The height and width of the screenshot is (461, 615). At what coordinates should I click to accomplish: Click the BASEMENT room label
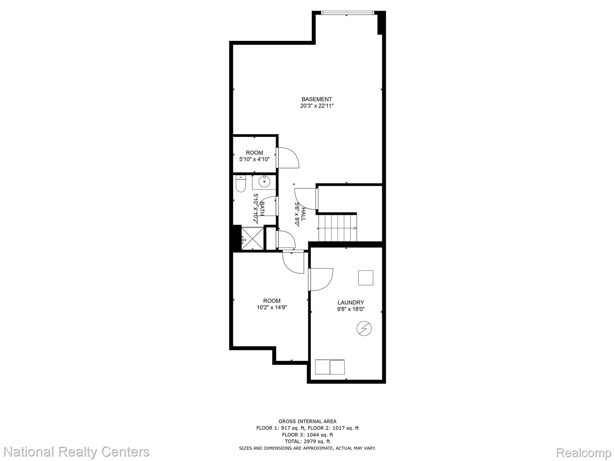(317, 99)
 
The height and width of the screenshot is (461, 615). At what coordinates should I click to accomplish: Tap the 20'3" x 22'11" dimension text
(317, 106)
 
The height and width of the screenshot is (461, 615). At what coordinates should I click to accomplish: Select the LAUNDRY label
(351, 303)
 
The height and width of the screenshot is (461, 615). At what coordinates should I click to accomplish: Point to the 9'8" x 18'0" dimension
(351, 309)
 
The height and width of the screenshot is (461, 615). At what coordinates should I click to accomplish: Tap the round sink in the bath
(264, 182)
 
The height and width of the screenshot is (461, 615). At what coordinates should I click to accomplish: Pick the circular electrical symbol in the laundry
(364, 328)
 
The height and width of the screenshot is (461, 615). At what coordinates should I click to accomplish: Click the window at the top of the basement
(347, 13)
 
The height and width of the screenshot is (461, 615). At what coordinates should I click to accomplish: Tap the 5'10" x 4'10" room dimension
(254, 159)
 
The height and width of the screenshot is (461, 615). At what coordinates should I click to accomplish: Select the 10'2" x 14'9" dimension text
(272, 307)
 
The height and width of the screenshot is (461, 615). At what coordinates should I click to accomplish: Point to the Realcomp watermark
(584, 452)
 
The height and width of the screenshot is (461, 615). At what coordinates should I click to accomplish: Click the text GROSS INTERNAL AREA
(307, 421)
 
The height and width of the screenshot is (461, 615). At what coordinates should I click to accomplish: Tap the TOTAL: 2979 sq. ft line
(307, 441)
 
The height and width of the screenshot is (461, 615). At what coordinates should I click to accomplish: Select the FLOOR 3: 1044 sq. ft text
(307, 435)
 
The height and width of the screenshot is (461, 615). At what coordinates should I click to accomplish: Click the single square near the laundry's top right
(366, 278)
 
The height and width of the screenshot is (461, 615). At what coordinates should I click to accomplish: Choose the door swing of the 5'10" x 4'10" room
(288, 158)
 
